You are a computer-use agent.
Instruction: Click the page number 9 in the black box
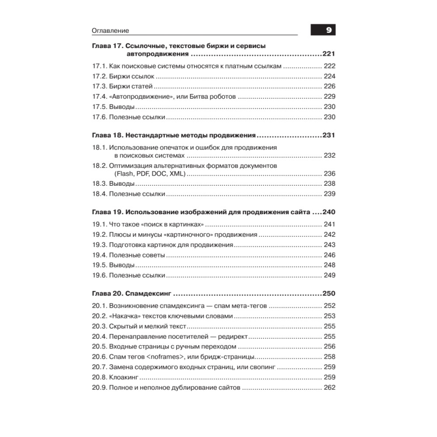coord(329,30)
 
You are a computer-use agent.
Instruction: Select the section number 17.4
coord(99,96)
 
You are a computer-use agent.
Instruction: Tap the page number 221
coord(328,54)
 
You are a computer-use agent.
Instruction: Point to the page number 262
coord(329,388)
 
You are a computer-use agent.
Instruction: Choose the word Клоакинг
coord(124,377)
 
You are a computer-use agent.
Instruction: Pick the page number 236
coord(329,173)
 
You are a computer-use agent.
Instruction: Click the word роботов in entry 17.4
coord(223,96)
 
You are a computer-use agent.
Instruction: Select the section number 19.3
coord(99,245)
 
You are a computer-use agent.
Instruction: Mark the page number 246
coord(329,255)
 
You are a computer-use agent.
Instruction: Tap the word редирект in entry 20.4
coord(233,336)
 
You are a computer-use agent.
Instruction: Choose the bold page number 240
coord(328,212)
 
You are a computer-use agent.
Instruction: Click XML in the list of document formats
coord(177,173)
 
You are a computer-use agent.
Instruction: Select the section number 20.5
coord(99,347)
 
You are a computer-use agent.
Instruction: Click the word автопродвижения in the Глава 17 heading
coord(157,54)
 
